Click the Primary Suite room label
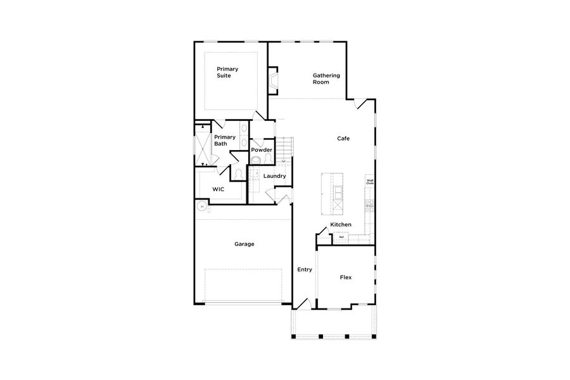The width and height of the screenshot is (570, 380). click(x=224, y=72)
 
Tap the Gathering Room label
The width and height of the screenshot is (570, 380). click(x=326, y=79)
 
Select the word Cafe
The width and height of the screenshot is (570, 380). click(x=343, y=138)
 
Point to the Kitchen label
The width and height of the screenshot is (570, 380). click(x=340, y=225)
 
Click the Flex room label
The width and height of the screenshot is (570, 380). click(x=345, y=277)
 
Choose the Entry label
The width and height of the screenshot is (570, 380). click(x=305, y=269)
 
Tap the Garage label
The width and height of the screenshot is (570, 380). click(x=244, y=244)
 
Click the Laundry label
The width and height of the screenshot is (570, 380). click(x=275, y=176)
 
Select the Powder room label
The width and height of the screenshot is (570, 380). click(x=262, y=150)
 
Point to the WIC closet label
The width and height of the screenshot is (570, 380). click(x=218, y=189)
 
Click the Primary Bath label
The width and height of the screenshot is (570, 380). click(x=224, y=140)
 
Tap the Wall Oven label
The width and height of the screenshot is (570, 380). click(x=370, y=182)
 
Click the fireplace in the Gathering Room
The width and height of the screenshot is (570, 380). click(x=273, y=81)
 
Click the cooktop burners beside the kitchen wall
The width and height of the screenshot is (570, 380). click(x=369, y=205)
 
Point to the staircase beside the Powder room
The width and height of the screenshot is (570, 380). click(x=284, y=149)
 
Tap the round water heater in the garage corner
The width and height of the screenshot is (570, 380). click(x=201, y=206)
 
